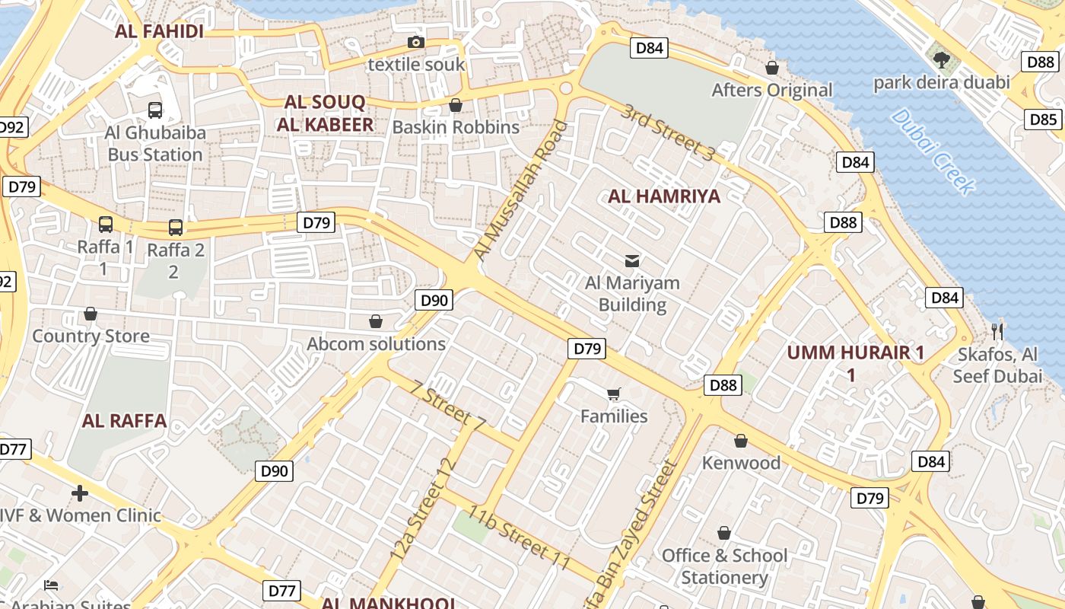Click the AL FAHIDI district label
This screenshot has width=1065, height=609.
[159, 32]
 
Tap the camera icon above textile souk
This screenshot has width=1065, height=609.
[415, 42]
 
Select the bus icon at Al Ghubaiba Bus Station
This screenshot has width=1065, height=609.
[155, 110]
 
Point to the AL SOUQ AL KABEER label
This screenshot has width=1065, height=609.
[325, 113]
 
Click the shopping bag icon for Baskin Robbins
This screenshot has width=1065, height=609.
[456, 104]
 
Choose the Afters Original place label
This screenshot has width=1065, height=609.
[771, 90]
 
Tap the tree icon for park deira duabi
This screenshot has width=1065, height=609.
[941, 59]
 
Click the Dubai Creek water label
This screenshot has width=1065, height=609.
[933, 151]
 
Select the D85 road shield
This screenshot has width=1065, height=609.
[1043, 120]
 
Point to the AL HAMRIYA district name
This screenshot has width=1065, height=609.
[663, 196]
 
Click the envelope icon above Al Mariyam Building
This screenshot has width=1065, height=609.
[631, 261]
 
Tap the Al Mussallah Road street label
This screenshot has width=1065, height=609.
[521, 190]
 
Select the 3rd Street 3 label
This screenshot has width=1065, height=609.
[667, 132]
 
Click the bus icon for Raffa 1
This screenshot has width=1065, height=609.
[106, 225]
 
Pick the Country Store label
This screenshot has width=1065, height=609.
[91, 336]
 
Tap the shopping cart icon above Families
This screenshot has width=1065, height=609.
[614, 394]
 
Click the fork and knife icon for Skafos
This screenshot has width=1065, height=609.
[997, 331]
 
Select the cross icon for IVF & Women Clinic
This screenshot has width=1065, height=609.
[80, 493]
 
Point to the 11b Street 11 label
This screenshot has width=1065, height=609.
[519, 537]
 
